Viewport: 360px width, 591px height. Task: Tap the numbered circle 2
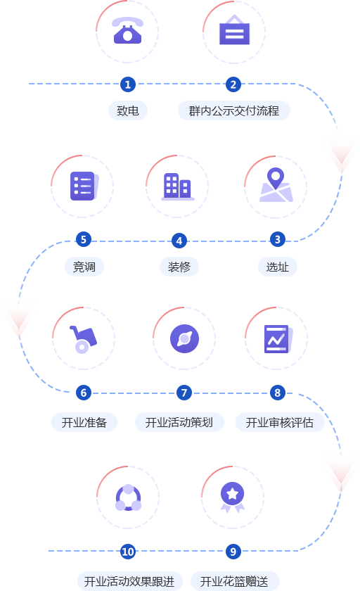coord(233,84)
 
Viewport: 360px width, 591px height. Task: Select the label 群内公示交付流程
coord(234,111)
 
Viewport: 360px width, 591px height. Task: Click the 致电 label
coord(128,111)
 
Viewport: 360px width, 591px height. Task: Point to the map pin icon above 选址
coord(276,184)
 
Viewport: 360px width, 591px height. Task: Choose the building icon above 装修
coord(178,186)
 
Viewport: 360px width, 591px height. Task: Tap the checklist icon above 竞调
coord(84,186)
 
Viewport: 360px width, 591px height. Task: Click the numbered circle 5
coord(84,239)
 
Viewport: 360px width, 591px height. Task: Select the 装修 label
coord(179,267)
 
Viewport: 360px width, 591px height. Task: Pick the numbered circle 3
coord(278,239)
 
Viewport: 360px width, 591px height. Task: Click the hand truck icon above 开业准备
coord(83,339)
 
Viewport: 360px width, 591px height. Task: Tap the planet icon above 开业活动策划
coord(184,338)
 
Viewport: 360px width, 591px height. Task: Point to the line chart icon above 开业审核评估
coord(278,339)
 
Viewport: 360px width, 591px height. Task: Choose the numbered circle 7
coord(184,393)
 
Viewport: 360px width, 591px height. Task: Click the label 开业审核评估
coord(280,422)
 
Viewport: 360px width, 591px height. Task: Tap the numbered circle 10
coord(128,552)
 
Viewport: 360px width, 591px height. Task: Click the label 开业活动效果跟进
coord(129,581)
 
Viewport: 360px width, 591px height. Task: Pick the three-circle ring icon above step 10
coord(128,497)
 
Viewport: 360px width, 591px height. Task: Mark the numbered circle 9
coord(233,552)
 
